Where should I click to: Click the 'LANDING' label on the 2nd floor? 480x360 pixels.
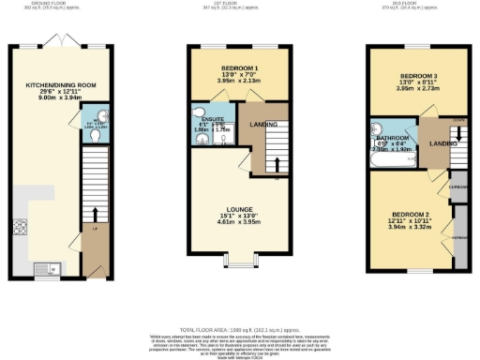(442, 143)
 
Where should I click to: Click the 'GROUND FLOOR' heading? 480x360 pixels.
(56, 3)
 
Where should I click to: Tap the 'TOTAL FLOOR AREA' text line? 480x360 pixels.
(239, 330)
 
